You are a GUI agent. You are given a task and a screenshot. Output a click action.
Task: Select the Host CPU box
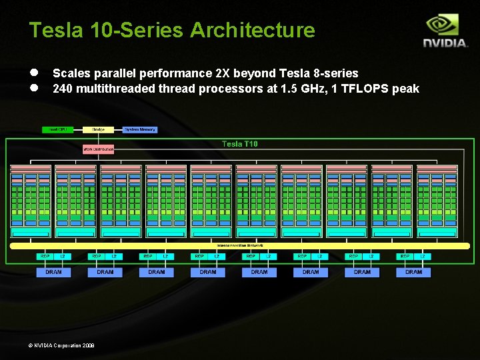pyautogui.click(x=58, y=129)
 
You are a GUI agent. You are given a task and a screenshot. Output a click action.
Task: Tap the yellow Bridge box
pyautogui.click(x=99, y=129)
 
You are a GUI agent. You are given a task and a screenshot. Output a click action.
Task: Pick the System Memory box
pyautogui.click(x=140, y=129)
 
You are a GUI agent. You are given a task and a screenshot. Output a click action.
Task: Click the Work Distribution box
pyautogui.click(x=99, y=149)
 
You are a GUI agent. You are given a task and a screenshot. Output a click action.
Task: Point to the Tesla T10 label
pyautogui.click(x=239, y=144)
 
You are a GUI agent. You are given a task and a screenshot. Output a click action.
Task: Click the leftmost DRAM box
pyautogui.click(x=53, y=272)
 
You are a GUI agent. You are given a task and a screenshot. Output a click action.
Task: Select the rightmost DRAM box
pyautogui.click(x=413, y=272)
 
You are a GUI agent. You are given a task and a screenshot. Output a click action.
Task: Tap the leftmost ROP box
pyautogui.click(x=45, y=256)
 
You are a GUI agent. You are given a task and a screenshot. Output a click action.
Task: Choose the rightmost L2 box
pyautogui.click(x=422, y=256)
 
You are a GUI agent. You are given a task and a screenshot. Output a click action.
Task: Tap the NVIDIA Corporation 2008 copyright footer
pyautogui.click(x=64, y=345)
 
